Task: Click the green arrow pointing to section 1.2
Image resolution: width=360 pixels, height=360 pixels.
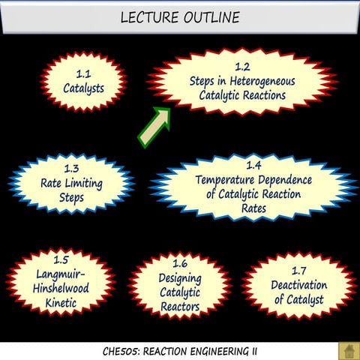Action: pyautogui.click(x=154, y=125)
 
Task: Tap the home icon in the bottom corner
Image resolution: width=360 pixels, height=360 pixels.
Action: pyautogui.click(x=347, y=350)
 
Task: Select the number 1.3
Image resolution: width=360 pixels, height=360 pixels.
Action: pyautogui.click(x=72, y=169)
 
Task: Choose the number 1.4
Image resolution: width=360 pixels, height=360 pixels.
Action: pyautogui.click(x=253, y=164)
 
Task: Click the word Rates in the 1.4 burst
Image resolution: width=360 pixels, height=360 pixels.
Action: pyautogui.click(x=253, y=208)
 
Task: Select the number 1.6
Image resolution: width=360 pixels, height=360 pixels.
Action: pyautogui.click(x=179, y=264)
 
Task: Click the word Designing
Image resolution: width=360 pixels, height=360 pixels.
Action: pyautogui.click(x=180, y=279)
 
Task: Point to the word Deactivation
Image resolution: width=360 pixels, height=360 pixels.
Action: pyautogui.click(x=298, y=285)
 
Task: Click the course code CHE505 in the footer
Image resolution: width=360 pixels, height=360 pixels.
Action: pyautogui.click(x=121, y=350)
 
